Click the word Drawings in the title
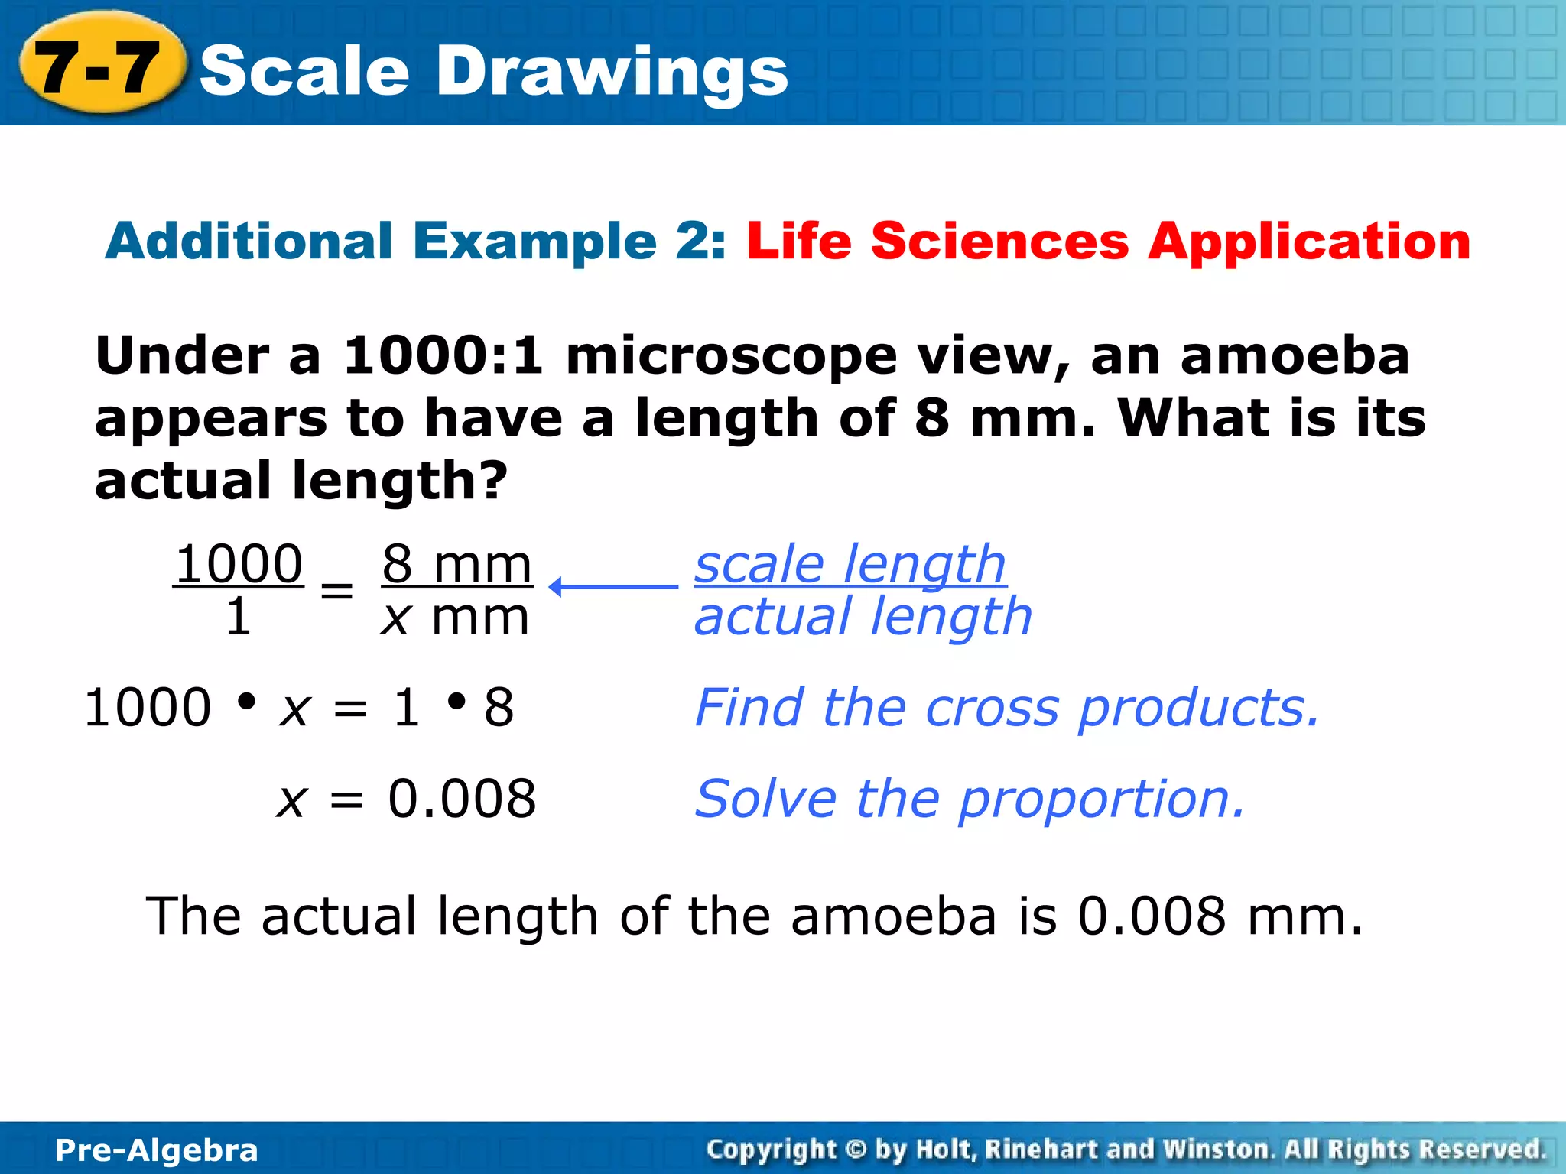click(612, 70)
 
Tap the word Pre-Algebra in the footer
click(157, 1150)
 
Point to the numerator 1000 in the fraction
click(239, 564)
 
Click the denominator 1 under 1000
click(238, 617)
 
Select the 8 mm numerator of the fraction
click(456, 564)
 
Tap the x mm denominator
click(455, 618)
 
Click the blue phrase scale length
click(850, 564)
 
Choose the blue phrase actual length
click(863, 617)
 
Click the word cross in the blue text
click(992, 708)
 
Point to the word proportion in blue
click(1101, 799)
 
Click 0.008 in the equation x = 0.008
click(462, 799)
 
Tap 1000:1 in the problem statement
click(443, 356)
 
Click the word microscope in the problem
click(731, 358)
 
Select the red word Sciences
click(999, 242)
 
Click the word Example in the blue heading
click(534, 242)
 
